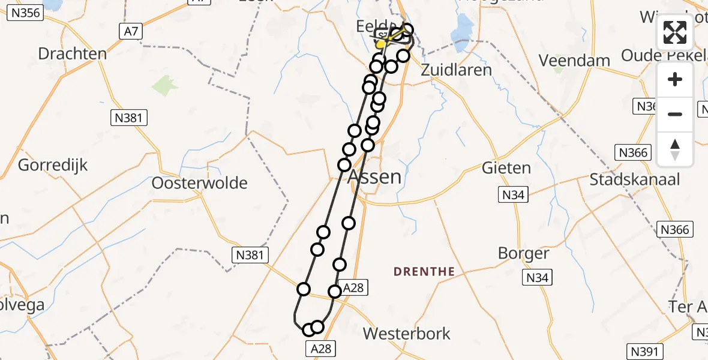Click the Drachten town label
[72, 53]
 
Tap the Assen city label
[375, 176]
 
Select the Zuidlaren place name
[457, 69]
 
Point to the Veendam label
[574, 61]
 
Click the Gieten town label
[506, 168]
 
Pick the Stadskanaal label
[634, 179]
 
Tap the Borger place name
[523, 253]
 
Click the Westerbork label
[407, 334]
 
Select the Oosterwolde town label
[200, 182]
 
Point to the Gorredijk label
[53, 164]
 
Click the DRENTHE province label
[424, 272]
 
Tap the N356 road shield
[25, 13]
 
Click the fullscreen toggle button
[675, 32]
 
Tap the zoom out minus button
[675, 114]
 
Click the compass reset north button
[675, 149]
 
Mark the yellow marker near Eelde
[382, 44]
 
